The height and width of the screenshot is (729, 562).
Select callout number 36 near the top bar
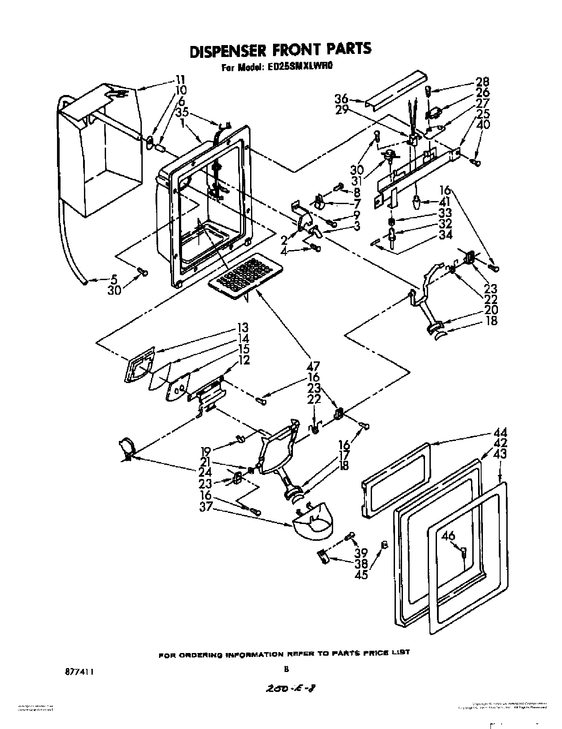point(342,99)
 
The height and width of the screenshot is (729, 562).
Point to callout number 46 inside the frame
point(448,536)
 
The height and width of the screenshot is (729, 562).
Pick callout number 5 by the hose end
point(114,279)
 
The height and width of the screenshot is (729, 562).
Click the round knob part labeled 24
point(127,446)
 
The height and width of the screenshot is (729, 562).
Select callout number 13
point(242,328)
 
